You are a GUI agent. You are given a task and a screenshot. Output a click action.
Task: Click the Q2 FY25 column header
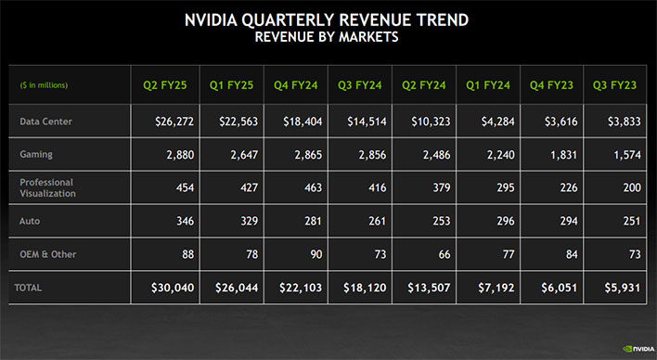(x=166, y=85)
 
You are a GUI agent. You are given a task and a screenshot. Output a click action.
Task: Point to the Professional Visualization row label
(x=47, y=188)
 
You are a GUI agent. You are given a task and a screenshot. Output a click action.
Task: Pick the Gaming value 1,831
(x=557, y=155)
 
